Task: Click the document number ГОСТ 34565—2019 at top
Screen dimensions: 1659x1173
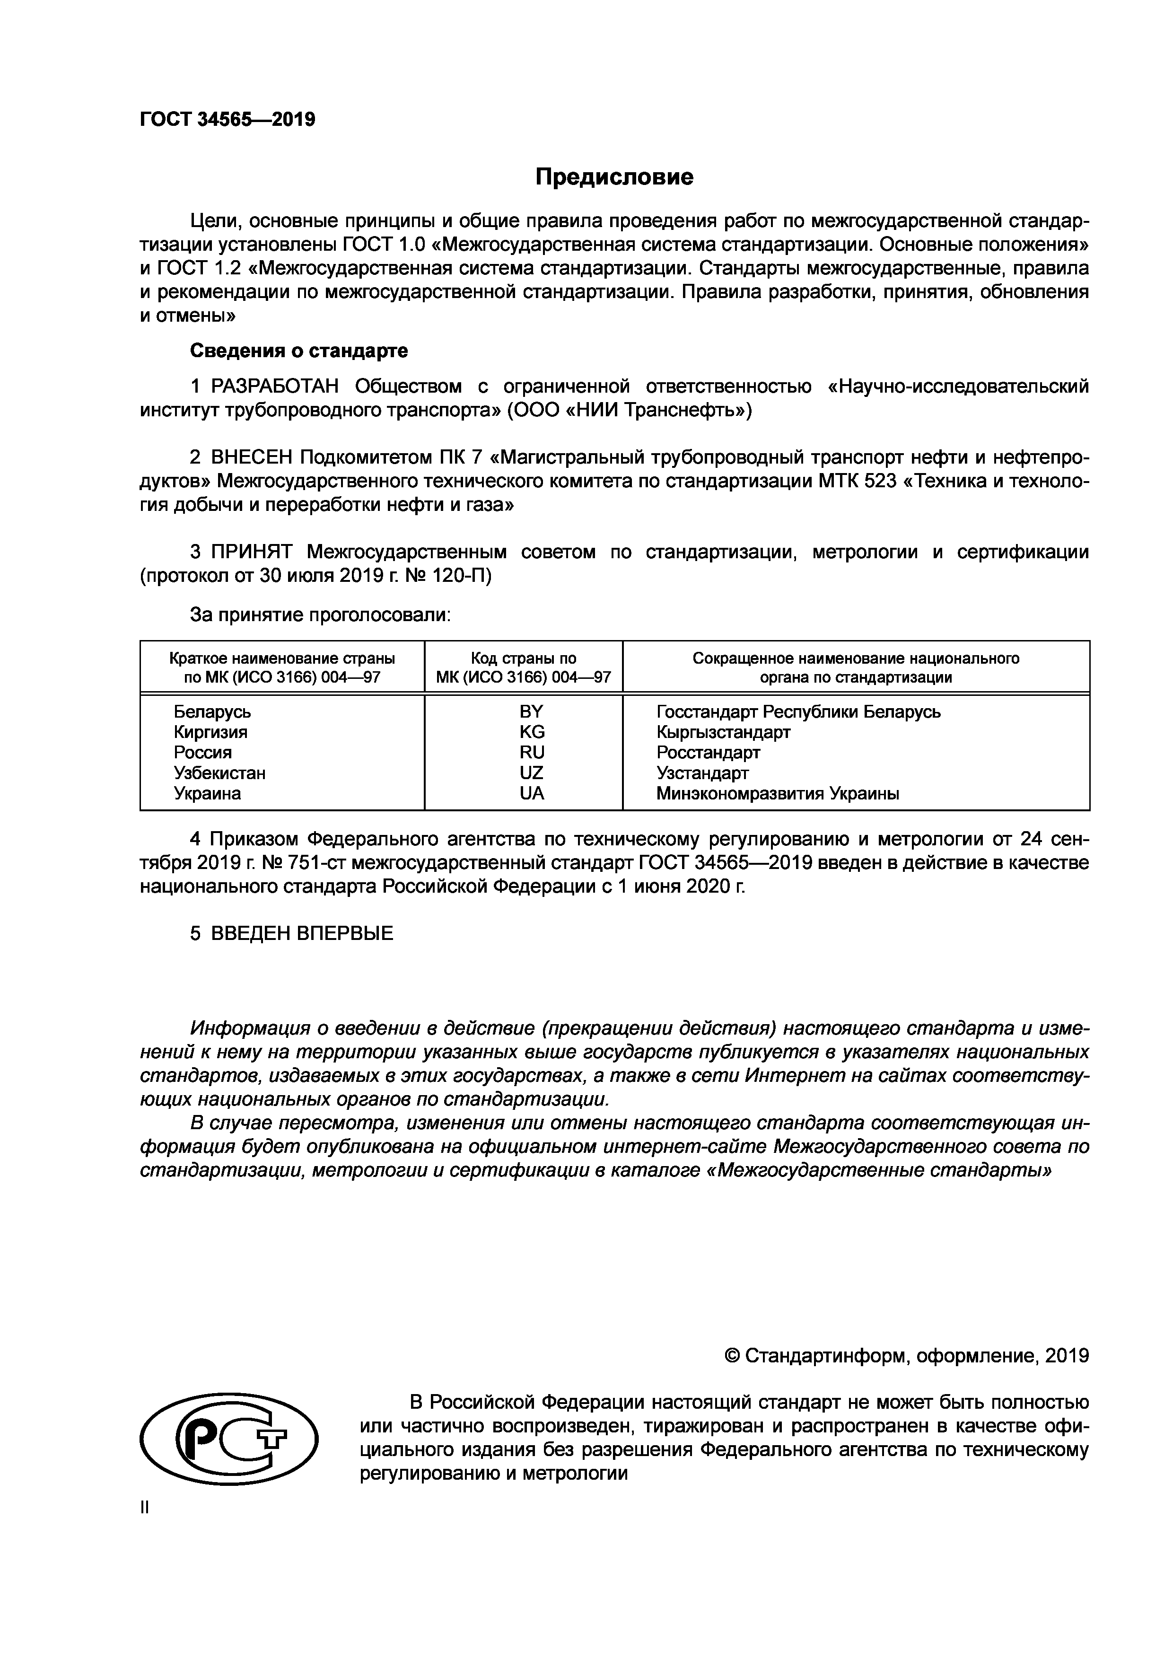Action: pyautogui.click(x=228, y=119)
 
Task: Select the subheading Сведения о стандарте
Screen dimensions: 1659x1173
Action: pyautogui.click(x=298, y=351)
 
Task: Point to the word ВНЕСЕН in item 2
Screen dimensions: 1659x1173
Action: pyautogui.click(x=251, y=458)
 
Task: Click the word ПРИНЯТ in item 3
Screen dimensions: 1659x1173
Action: pyautogui.click(x=251, y=553)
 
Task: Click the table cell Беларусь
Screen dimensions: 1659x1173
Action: pyautogui.click(x=212, y=712)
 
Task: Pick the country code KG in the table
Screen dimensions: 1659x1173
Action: pyautogui.click(x=532, y=732)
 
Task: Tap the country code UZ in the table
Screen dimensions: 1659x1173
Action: pyautogui.click(x=532, y=773)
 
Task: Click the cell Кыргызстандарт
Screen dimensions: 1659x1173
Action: pyautogui.click(x=723, y=732)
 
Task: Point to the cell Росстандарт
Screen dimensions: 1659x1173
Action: pyautogui.click(x=708, y=753)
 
